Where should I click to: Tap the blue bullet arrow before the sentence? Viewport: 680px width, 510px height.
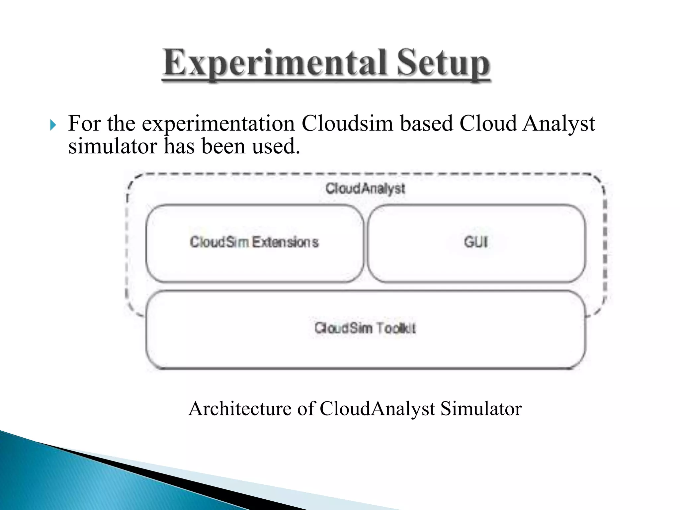(53, 126)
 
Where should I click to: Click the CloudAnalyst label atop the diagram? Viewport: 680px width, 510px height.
(365, 189)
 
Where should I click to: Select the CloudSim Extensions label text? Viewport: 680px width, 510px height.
(254, 242)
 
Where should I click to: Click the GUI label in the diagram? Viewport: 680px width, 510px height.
(476, 242)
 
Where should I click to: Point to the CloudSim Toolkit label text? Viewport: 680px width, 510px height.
(365, 328)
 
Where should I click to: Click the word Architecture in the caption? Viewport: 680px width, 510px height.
(240, 408)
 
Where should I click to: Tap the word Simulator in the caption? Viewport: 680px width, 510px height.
(481, 408)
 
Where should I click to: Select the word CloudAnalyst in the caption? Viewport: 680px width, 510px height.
(378, 408)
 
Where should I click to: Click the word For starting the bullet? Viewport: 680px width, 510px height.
(85, 124)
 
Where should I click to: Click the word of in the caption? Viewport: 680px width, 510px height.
(306, 408)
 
